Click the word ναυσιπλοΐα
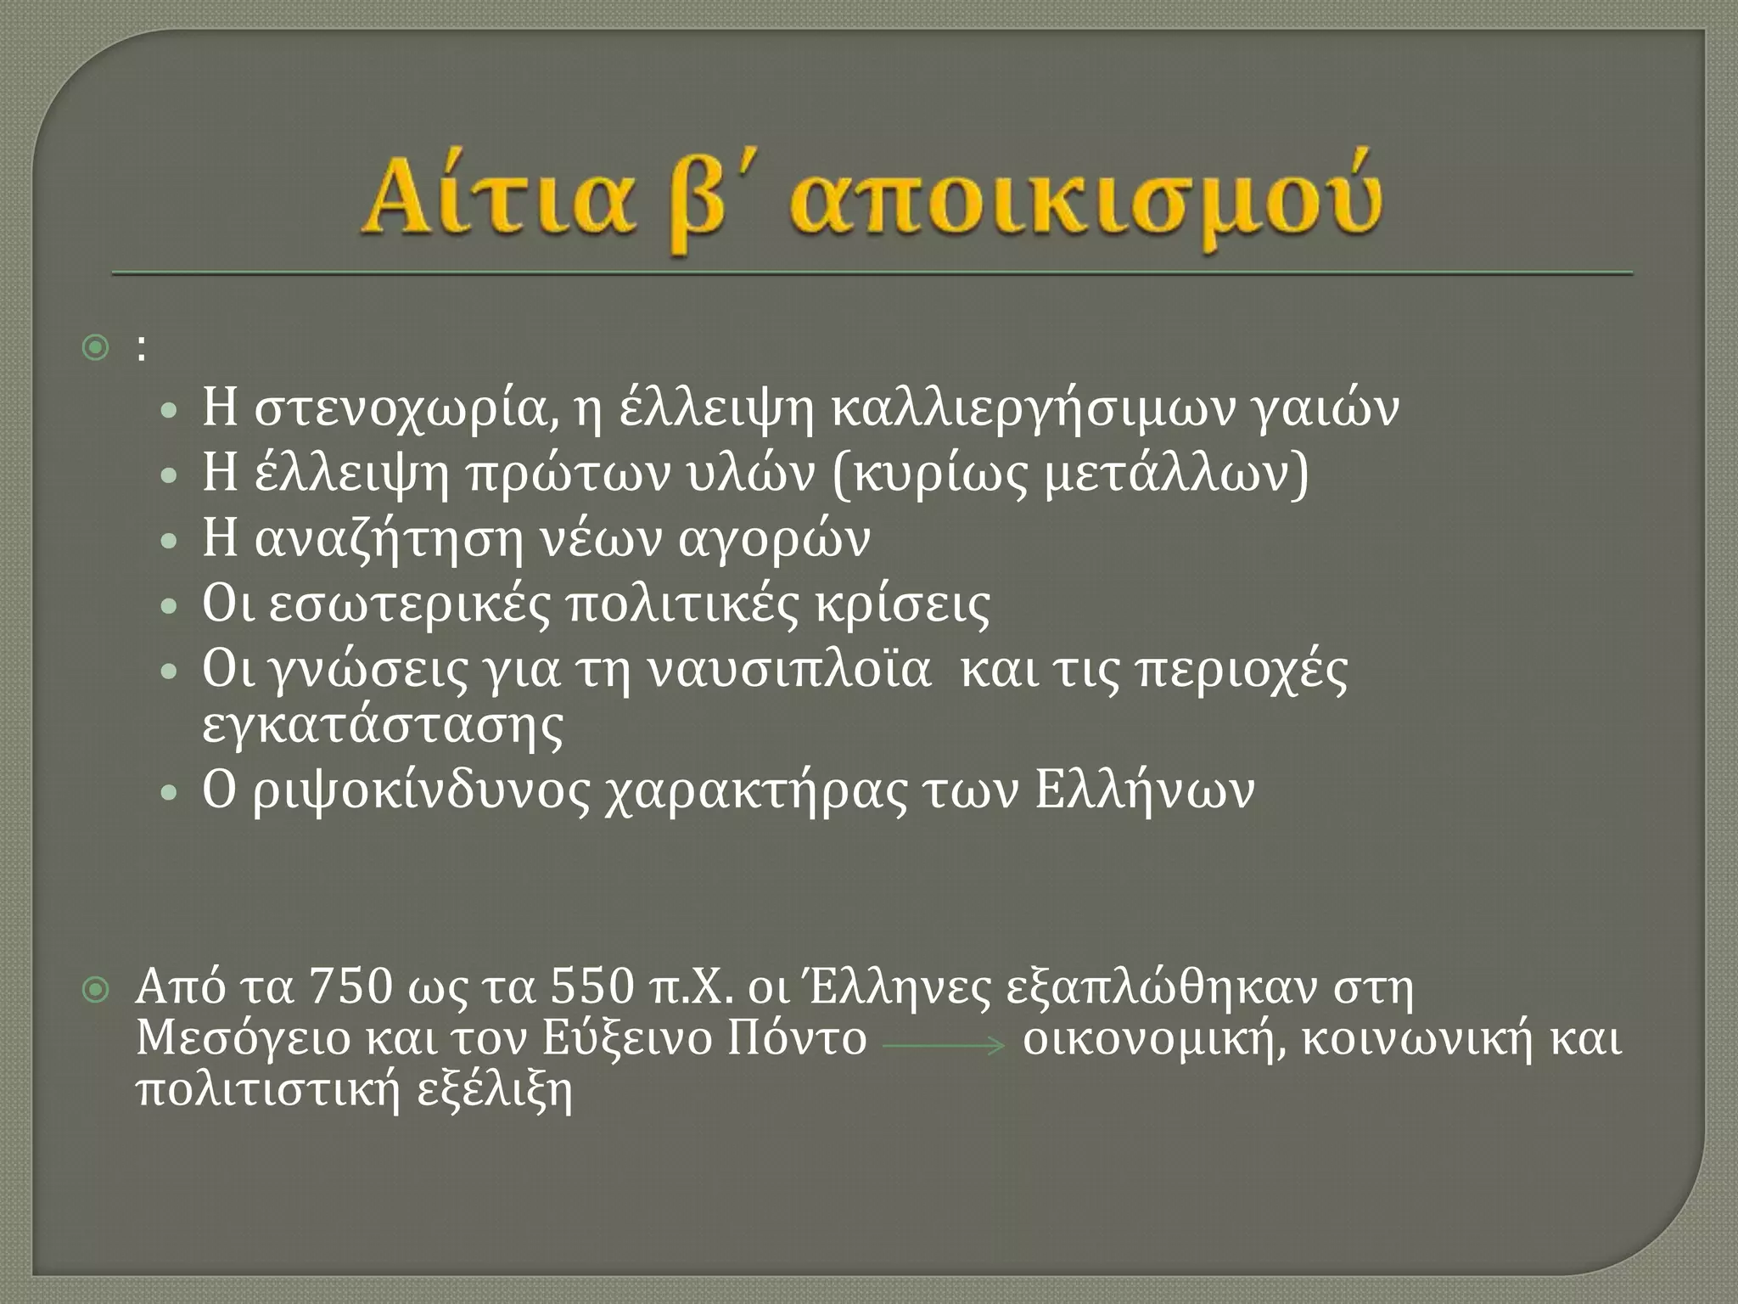789,670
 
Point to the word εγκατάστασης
383,726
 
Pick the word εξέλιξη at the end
496,1091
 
